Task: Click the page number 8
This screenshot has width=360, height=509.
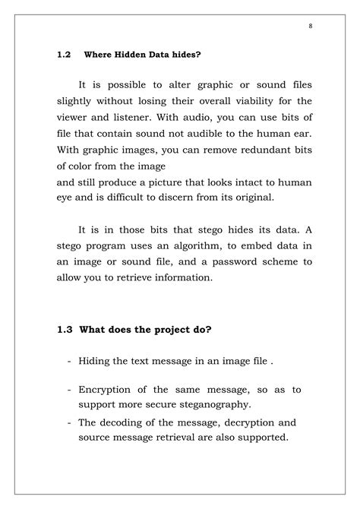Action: point(311,26)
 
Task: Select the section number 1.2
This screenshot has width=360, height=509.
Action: point(64,55)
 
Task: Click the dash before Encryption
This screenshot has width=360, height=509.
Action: point(69,390)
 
